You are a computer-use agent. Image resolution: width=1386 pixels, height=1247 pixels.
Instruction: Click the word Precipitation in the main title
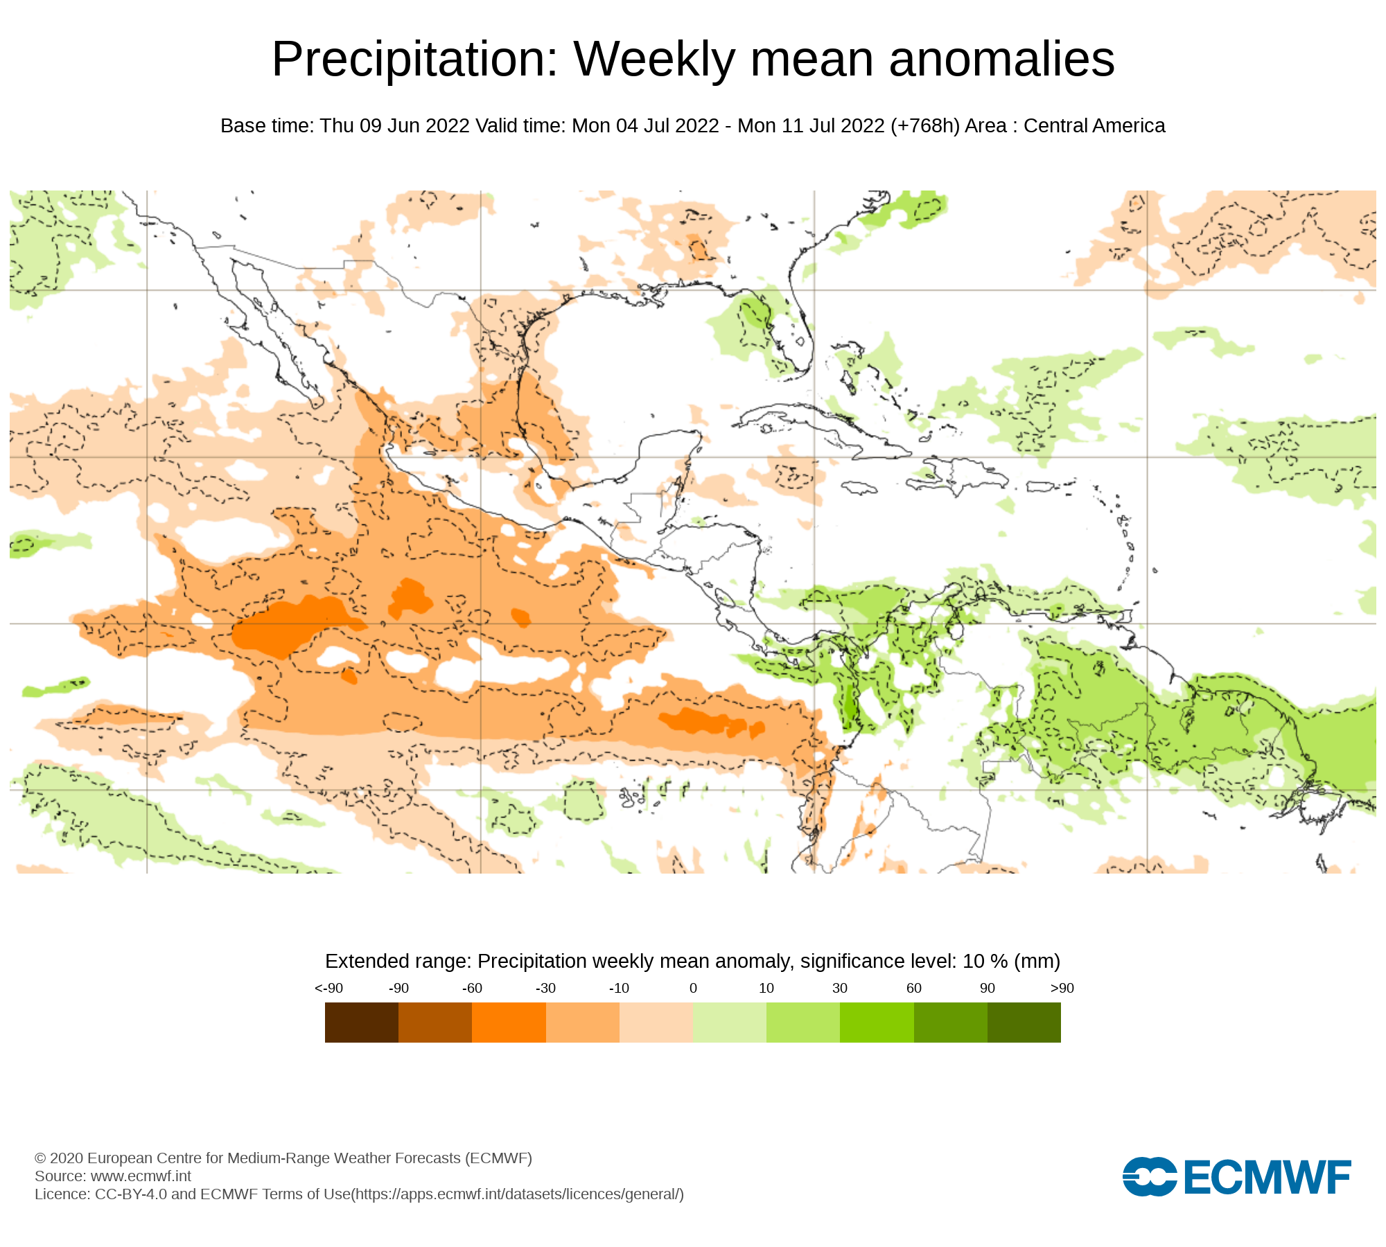[414, 60]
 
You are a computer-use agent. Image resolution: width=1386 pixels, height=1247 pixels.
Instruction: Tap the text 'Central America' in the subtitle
[1094, 126]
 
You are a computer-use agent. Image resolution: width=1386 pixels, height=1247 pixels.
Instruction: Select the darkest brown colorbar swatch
[361, 1023]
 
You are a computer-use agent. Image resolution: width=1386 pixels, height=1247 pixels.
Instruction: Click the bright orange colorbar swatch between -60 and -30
[509, 1023]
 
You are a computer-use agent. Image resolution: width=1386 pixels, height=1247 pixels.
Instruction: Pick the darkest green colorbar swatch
[1024, 1023]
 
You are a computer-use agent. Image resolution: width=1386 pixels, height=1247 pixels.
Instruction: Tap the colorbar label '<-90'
[328, 988]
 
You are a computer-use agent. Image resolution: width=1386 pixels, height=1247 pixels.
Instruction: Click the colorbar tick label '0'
[693, 988]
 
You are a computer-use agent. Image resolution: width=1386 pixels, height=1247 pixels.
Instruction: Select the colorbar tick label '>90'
[1062, 988]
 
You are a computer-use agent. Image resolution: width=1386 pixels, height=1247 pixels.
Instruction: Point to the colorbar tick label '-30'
[545, 988]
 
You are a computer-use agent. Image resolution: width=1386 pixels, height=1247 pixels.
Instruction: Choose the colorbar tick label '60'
[913, 988]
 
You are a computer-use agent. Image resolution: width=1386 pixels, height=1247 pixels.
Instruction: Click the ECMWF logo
[1236, 1176]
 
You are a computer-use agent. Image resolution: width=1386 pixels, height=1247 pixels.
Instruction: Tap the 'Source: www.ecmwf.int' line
[113, 1176]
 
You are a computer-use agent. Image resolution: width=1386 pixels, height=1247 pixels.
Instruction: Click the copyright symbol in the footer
[40, 1158]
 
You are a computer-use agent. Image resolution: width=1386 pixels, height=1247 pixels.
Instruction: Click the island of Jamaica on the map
[859, 488]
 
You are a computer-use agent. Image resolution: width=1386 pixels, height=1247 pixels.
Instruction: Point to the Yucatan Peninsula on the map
[662, 461]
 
